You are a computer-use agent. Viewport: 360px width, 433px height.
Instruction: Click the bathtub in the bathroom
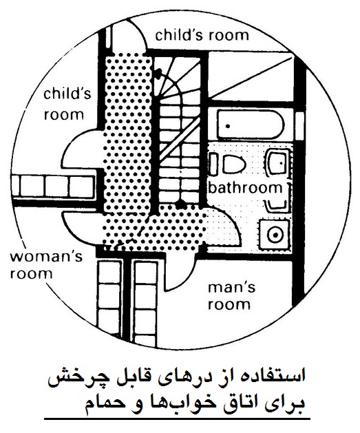point(251,125)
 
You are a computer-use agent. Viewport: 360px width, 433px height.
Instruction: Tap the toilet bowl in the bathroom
point(233,165)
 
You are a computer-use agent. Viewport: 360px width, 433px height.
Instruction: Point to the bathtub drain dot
point(228,126)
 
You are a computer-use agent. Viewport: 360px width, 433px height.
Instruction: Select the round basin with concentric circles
point(275,235)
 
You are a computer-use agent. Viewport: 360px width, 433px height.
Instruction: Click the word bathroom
point(246,188)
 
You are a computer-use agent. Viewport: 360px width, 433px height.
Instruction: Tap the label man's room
point(231,296)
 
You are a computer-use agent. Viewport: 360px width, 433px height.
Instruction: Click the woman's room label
point(46,266)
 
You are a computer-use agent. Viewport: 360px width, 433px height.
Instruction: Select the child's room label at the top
point(202,36)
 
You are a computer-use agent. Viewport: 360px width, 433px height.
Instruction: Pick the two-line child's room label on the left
point(67,104)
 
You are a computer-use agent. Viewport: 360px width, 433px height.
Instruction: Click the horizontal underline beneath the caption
point(177,419)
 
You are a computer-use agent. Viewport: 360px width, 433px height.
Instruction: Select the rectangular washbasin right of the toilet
point(278,163)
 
